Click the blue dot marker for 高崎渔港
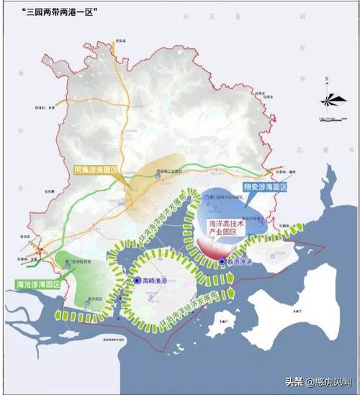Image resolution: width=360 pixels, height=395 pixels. click(x=136, y=280)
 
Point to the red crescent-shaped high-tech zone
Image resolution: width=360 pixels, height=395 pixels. click(x=213, y=248)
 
